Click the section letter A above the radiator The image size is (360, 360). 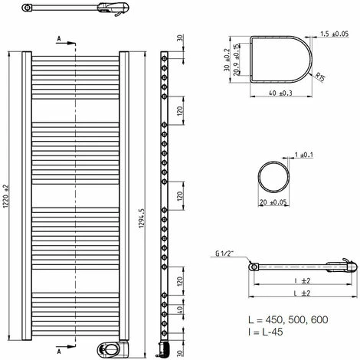(59, 36)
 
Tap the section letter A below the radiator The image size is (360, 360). (59, 353)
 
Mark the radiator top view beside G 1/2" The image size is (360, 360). (299, 267)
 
